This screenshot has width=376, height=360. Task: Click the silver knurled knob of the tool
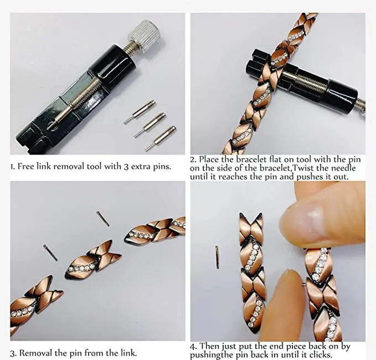tap(146, 34)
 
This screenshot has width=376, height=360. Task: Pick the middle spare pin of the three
tap(150, 125)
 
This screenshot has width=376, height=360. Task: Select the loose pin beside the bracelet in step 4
tap(217, 257)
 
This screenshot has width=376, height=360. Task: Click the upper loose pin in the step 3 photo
tap(102, 218)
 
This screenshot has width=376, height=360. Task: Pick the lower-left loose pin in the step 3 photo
tap(50, 253)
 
